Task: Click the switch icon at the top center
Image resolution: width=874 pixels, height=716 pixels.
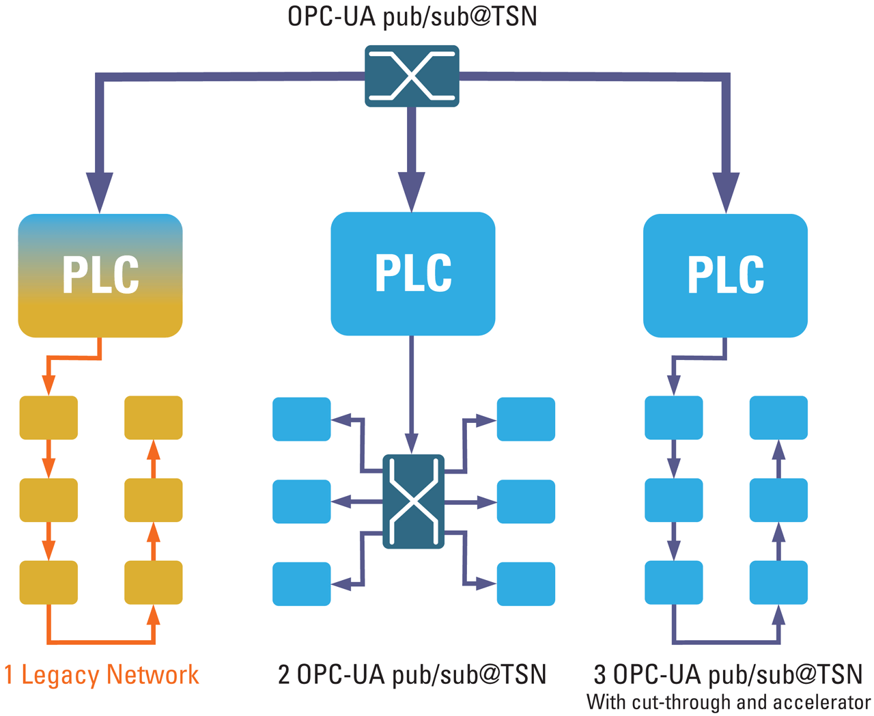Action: click(x=412, y=76)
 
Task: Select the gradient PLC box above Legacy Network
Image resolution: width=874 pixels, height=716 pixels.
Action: click(x=100, y=275)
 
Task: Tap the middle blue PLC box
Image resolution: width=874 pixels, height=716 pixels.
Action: click(x=412, y=273)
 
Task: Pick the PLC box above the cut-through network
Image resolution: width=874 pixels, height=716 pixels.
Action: click(x=725, y=275)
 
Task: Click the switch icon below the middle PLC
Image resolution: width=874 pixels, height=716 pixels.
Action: click(x=413, y=501)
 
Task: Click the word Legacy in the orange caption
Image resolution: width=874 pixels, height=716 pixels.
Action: click(x=60, y=675)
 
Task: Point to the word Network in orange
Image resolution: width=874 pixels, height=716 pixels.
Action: click(x=152, y=675)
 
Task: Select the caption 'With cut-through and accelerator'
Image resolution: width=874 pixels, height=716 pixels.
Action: click(x=729, y=702)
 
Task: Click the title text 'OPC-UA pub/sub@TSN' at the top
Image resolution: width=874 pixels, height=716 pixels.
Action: click(x=412, y=16)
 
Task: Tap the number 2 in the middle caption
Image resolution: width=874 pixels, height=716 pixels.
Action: click(x=285, y=675)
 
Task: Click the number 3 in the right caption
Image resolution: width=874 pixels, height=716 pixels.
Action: click(x=600, y=675)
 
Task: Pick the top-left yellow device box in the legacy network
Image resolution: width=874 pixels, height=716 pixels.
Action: click(x=48, y=417)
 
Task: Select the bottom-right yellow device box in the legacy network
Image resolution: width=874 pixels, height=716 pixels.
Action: click(x=153, y=582)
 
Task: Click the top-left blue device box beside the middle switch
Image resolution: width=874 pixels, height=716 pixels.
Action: click(x=301, y=419)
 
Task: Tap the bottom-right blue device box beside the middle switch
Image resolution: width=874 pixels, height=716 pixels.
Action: click(x=526, y=583)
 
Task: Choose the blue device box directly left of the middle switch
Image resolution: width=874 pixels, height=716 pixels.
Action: click(x=301, y=501)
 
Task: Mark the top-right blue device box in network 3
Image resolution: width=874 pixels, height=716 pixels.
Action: click(x=778, y=417)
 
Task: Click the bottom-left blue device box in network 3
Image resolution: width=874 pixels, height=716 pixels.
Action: click(x=674, y=582)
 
